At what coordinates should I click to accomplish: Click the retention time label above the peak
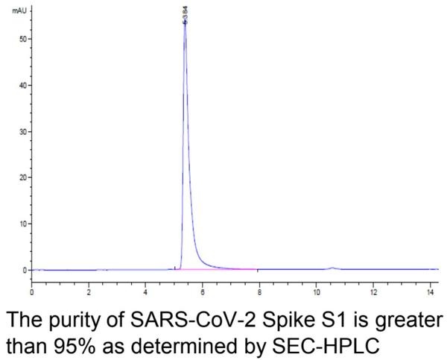pos(185,13)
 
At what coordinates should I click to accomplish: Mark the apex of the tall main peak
pos(185,25)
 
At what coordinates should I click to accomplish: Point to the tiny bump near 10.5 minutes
pos(332,267)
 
